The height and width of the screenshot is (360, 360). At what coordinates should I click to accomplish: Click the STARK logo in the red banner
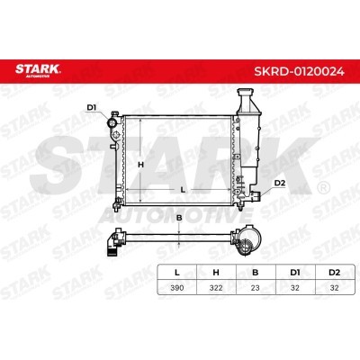pyautogui.click(x=38, y=70)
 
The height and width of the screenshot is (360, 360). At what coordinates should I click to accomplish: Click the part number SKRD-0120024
pyautogui.click(x=299, y=71)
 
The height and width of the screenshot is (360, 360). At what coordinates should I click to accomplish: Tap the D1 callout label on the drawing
pyautogui.click(x=92, y=107)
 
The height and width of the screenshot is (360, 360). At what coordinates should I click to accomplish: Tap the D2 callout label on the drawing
pyautogui.click(x=280, y=183)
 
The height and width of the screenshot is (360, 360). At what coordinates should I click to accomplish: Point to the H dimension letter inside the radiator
pyautogui.click(x=141, y=165)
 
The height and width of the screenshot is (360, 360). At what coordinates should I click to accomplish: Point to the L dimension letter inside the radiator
pyautogui.click(x=183, y=190)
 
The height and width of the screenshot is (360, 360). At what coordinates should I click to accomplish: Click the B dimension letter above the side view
pyautogui.click(x=179, y=218)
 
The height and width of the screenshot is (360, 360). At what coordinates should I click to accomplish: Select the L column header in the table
pyautogui.click(x=177, y=273)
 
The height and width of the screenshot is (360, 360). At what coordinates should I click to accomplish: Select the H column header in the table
pyautogui.click(x=216, y=273)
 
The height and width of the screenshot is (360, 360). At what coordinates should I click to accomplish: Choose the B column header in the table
pyautogui.click(x=256, y=273)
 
